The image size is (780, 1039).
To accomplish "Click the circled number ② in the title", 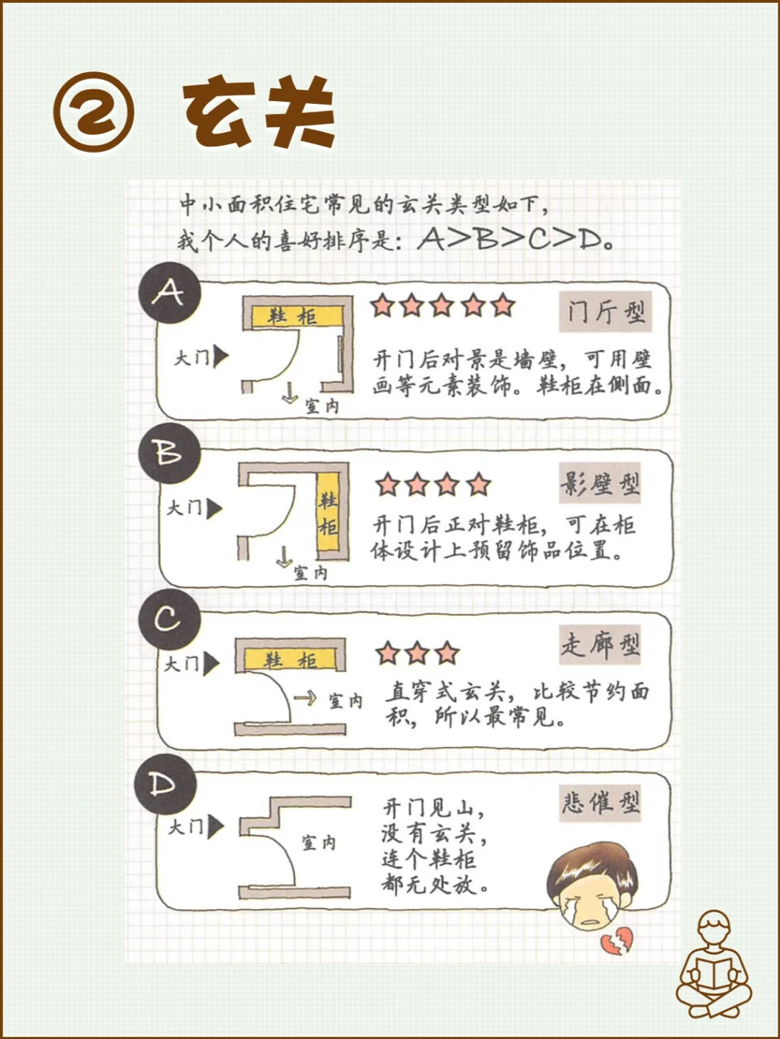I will pos(93,113).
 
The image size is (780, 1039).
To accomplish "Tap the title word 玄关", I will pos(259,113).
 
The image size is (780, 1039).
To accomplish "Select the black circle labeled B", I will pos(169,453).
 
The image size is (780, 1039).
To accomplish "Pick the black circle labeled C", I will pos(168,619).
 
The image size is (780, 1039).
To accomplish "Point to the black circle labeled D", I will pos(165,785).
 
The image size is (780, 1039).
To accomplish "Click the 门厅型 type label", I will pos(605,312).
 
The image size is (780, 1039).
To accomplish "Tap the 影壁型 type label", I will pos(599,484).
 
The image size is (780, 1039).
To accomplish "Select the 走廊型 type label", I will pos(599,644).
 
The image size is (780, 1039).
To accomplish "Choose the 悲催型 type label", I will pos(600,802).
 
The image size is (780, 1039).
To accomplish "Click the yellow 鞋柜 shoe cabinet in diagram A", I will pos(295,316).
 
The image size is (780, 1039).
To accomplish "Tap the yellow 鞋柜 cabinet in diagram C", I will pos(290,659).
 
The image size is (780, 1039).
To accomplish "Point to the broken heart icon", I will pos(616,942).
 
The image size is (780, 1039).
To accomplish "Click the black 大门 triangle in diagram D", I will pos(215,828).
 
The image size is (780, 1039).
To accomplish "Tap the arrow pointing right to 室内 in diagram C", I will pos(305,698).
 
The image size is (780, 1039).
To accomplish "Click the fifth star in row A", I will pos(503,306).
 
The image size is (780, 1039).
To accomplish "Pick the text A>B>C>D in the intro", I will pos(514,240).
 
